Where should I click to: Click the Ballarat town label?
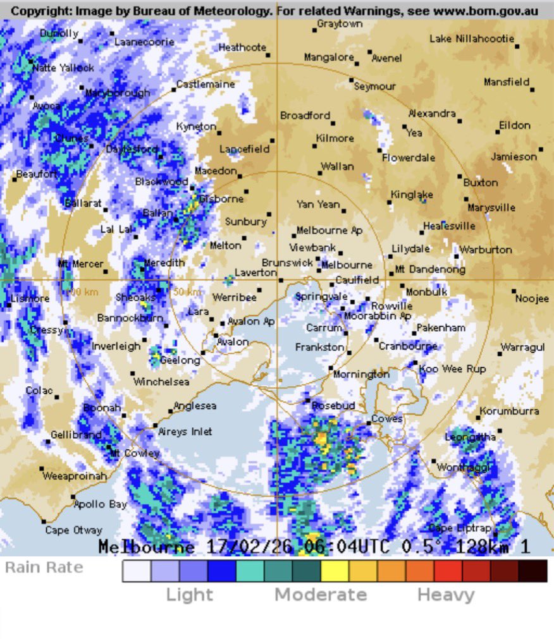[x=83, y=203]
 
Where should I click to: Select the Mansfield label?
[x=506, y=82]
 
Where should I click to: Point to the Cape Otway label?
[x=73, y=530]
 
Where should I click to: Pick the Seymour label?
[x=375, y=87]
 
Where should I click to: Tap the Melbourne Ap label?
[x=329, y=231]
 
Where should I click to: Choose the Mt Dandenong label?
[x=430, y=269]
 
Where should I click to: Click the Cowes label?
[x=387, y=419]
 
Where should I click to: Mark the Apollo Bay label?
[x=100, y=504]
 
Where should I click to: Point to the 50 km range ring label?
[x=187, y=292]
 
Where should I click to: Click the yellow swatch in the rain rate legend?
[x=335, y=571]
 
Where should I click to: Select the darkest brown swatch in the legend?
[x=532, y=571]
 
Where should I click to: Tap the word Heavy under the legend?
[x=446, y=595]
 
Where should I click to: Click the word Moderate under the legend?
[x=321, y=595]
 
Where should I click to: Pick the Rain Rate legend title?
[x=44, y=567]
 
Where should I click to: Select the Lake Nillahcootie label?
[x=472, y=39]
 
